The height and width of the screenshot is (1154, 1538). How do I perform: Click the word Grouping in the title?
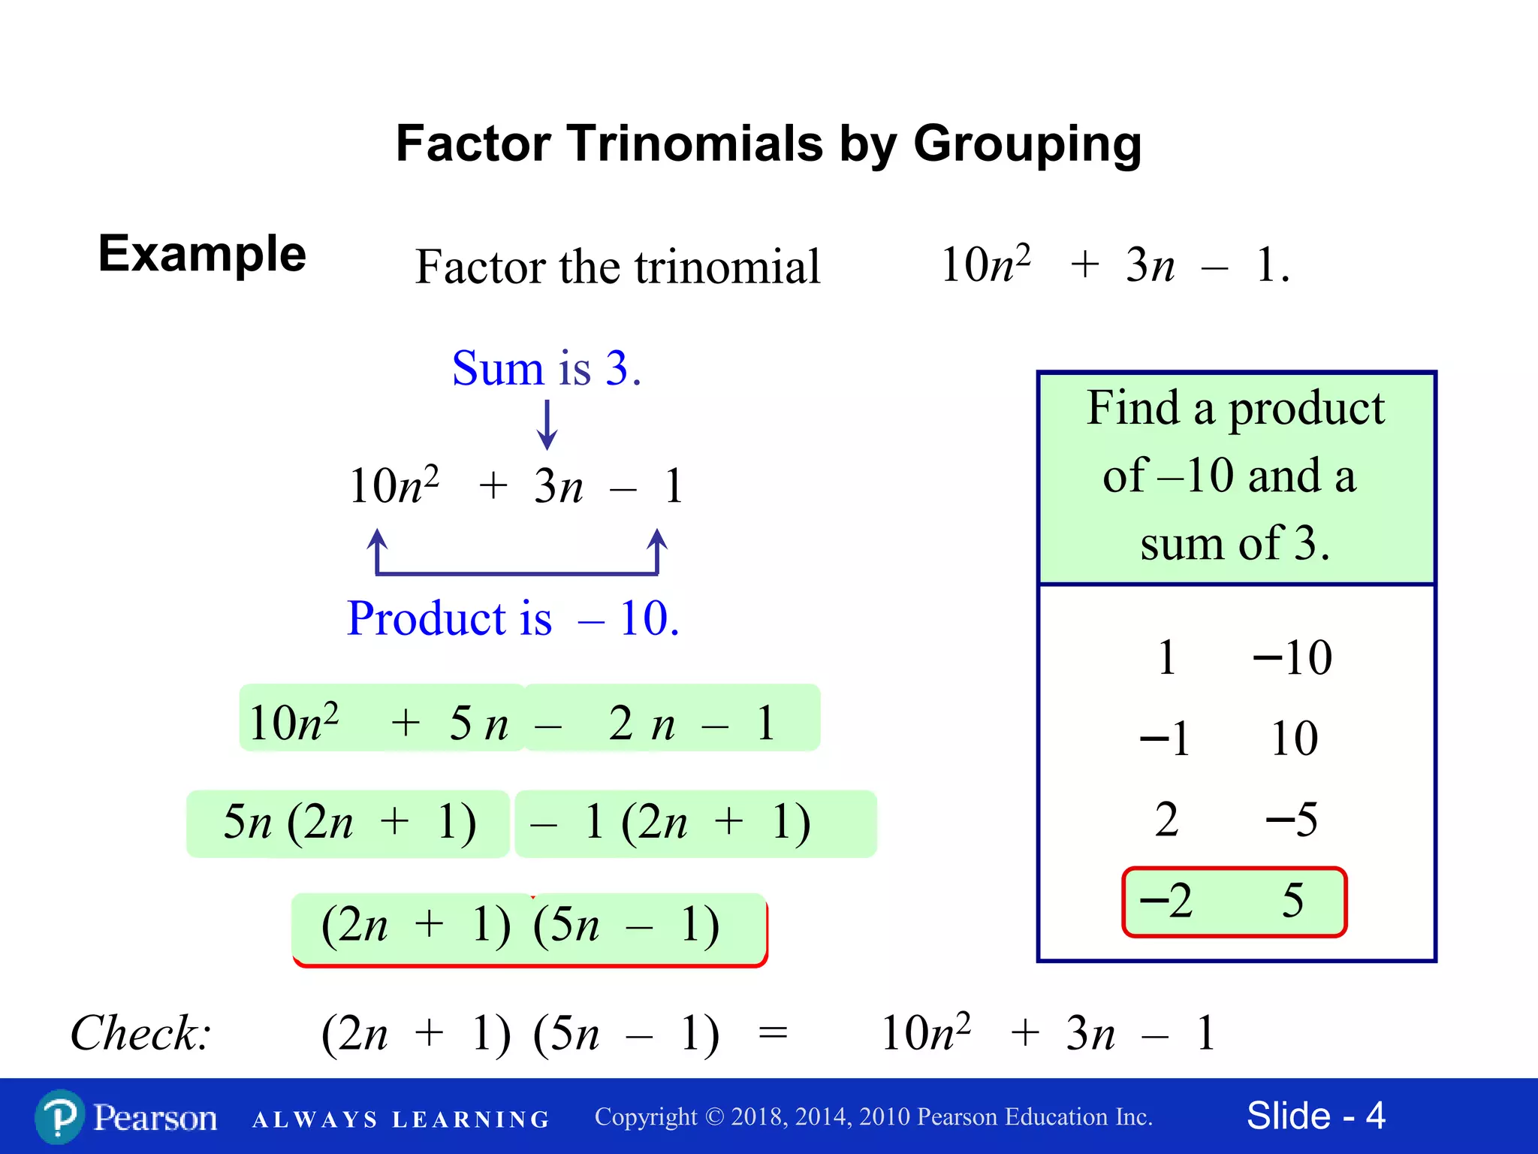point(1027,144)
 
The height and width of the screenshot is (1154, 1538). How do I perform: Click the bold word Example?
point(202,254)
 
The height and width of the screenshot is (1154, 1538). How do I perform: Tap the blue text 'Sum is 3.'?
point(546,368)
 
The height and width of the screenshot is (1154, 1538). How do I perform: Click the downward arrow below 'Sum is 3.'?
point(547,425)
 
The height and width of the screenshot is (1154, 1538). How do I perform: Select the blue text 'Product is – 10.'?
point(513,618)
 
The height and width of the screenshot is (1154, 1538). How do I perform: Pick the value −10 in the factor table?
point(1292,657)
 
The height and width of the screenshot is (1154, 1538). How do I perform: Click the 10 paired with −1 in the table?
point(1294,738)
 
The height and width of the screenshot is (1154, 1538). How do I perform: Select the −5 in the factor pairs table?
point(1292,819)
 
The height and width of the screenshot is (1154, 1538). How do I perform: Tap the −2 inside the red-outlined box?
point(1166,900)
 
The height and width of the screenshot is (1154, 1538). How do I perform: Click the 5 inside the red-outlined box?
point(1292,900)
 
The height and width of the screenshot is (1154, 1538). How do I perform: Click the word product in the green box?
point(1306,409)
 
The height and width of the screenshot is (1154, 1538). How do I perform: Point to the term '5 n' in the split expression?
point(478,724)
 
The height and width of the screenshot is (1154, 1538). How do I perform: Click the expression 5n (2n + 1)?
point(349,822)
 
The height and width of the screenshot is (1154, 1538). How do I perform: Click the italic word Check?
point(140,1033)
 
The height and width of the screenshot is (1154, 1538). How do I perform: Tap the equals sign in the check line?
point(773,1033)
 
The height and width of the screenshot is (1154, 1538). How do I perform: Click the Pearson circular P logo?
point(59,1117)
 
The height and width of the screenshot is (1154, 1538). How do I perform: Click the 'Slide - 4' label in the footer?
point(1316,1116)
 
